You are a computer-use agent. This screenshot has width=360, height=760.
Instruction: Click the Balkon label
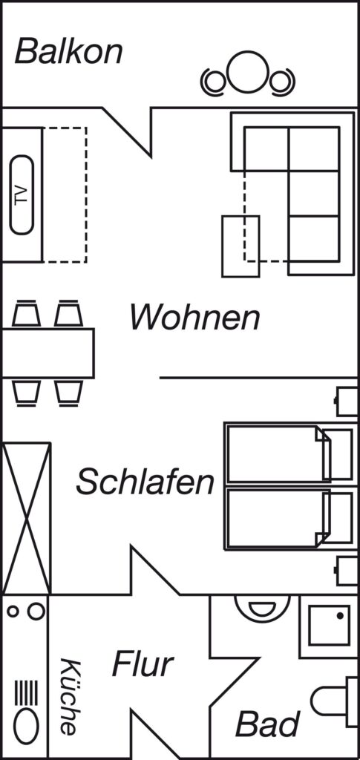[69, 52]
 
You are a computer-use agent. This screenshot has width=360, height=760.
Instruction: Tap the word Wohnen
[194, 318]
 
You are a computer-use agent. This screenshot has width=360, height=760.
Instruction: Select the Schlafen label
[145, 482]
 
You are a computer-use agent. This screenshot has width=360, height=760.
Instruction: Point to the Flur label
[143, 664]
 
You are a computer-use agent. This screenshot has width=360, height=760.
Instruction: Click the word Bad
[267, 724]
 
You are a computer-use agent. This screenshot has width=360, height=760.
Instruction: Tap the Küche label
[68, 696]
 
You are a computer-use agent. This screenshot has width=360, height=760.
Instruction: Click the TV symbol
[22, 195]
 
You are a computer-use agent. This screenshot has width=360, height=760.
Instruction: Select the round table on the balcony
[248, 72]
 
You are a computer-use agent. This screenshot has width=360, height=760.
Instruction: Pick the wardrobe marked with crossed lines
[27, 518]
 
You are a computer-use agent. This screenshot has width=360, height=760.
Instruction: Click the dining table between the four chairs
[48, 353]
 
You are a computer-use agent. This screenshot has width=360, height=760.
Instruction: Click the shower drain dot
[340, 615]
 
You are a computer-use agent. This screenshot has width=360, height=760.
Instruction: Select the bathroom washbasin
[262, 609]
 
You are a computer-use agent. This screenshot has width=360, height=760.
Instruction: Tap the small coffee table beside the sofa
[240, 246]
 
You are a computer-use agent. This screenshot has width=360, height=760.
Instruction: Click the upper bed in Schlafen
[289, 454]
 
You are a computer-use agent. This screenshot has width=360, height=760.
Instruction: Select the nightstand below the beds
[347, 571]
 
